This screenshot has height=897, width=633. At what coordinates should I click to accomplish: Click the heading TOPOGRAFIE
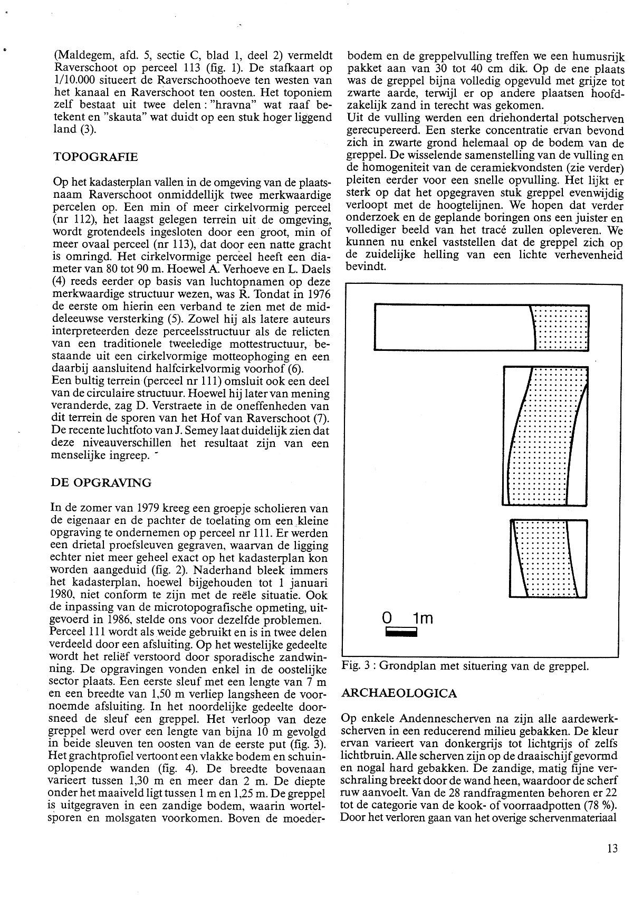[x=95, y=157]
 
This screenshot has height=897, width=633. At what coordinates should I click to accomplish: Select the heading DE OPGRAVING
[x=101, y=483]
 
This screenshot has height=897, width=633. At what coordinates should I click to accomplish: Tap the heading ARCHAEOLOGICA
[x=399, y=693]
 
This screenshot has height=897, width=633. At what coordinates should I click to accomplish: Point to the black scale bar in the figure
[x=401, y=631]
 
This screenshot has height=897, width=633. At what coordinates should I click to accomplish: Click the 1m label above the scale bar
[x=423, y=617]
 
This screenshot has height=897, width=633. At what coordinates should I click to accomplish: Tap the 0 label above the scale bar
[x=388, y=617]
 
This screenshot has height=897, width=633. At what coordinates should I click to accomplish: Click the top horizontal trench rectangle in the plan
[x=481, y=327]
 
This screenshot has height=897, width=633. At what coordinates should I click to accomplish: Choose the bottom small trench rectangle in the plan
[x=549, y=558]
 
